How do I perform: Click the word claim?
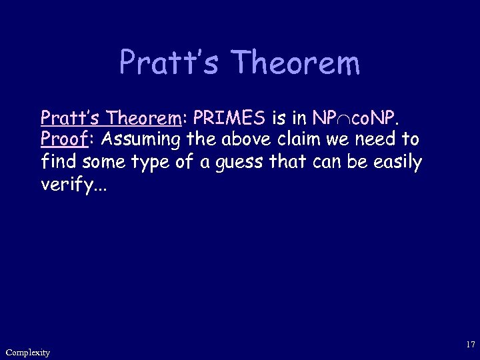pyautogui.click(x=299, y=140)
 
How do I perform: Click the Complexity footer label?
pyautogui.click(x=27, y=352)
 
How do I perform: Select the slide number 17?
pyautogui.click(x=471, y=345)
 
